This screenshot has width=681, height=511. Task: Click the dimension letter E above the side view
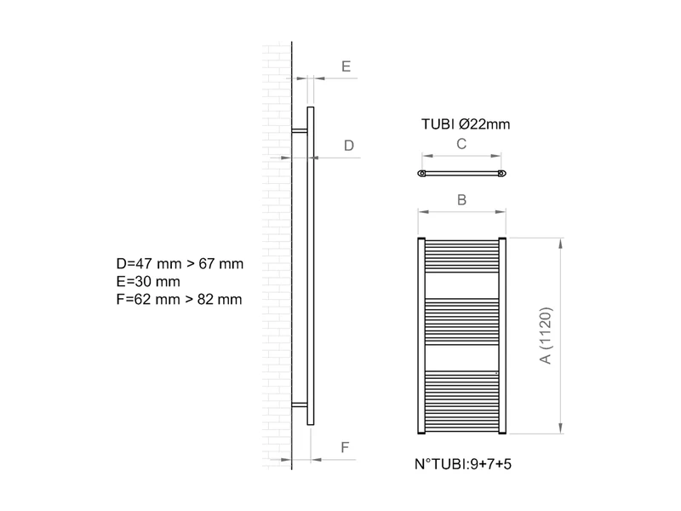coord(346,66)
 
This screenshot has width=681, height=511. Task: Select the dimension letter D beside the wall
coord(349,146)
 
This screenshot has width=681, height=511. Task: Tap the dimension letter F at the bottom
coord(345,448)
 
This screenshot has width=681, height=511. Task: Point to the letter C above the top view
coord(461,144)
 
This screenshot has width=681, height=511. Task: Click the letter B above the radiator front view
coord(461,200)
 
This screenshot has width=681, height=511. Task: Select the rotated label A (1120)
coord(546,336)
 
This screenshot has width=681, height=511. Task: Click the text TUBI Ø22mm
coord(466,124)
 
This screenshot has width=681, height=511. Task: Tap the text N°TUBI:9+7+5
coord(463,464)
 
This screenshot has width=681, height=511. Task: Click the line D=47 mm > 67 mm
coord(180,264)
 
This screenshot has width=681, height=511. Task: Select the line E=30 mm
coord(148,282)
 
